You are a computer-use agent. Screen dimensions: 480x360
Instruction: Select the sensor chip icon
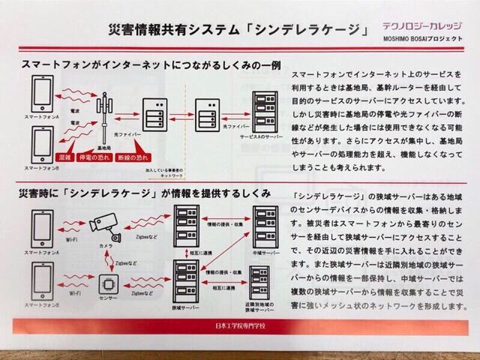pos(109,284)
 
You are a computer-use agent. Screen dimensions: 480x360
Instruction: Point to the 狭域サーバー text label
pos(185,307)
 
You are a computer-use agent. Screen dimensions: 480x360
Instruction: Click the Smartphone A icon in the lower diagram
pos(42,229)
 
